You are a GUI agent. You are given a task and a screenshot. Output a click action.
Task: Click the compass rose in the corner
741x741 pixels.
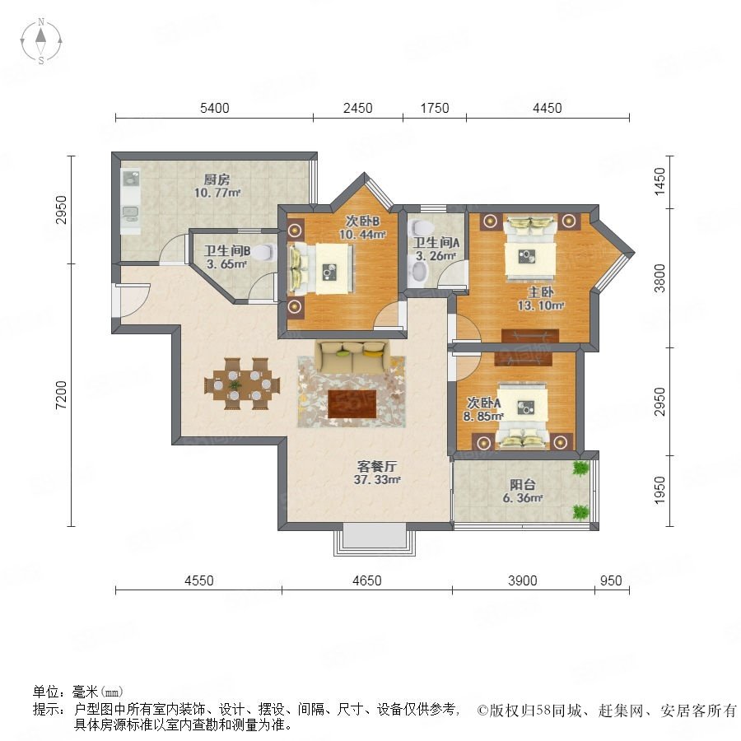41,41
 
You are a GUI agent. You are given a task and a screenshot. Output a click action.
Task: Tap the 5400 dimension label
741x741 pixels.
215,108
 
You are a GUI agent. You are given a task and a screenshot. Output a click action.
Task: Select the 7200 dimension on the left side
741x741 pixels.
62,395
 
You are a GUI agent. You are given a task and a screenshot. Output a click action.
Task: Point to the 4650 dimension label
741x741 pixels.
366,580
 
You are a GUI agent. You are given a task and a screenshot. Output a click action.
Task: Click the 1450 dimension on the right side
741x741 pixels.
659,181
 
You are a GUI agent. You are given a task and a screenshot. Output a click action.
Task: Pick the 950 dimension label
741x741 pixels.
611,580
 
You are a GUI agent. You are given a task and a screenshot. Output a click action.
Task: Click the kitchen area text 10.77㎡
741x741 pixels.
217,193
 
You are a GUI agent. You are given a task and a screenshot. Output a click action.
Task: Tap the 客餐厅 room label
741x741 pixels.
376,467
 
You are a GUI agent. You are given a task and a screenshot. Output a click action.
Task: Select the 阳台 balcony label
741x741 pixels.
523,484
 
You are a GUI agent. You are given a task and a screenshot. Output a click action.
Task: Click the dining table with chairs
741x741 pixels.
242,384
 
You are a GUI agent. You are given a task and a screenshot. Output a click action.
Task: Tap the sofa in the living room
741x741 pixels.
353,355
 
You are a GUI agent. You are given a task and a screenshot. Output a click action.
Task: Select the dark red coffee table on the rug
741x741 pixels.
352,404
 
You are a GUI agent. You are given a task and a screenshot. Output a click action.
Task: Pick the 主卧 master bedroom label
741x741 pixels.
541,292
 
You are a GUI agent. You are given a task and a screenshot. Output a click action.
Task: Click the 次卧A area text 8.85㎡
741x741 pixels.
483,417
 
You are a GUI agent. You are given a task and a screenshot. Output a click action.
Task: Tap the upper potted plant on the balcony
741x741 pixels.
580,468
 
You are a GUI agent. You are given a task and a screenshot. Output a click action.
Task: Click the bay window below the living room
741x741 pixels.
375,538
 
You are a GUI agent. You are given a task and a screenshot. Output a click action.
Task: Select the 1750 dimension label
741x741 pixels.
435,108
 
